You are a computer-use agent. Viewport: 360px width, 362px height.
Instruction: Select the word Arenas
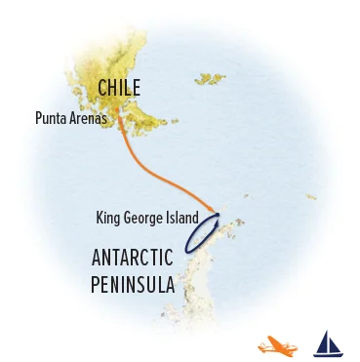click(89, 119)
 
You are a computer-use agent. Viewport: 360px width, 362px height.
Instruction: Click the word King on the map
click(110, 217)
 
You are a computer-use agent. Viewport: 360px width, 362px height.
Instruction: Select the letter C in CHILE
click(102, 90)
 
